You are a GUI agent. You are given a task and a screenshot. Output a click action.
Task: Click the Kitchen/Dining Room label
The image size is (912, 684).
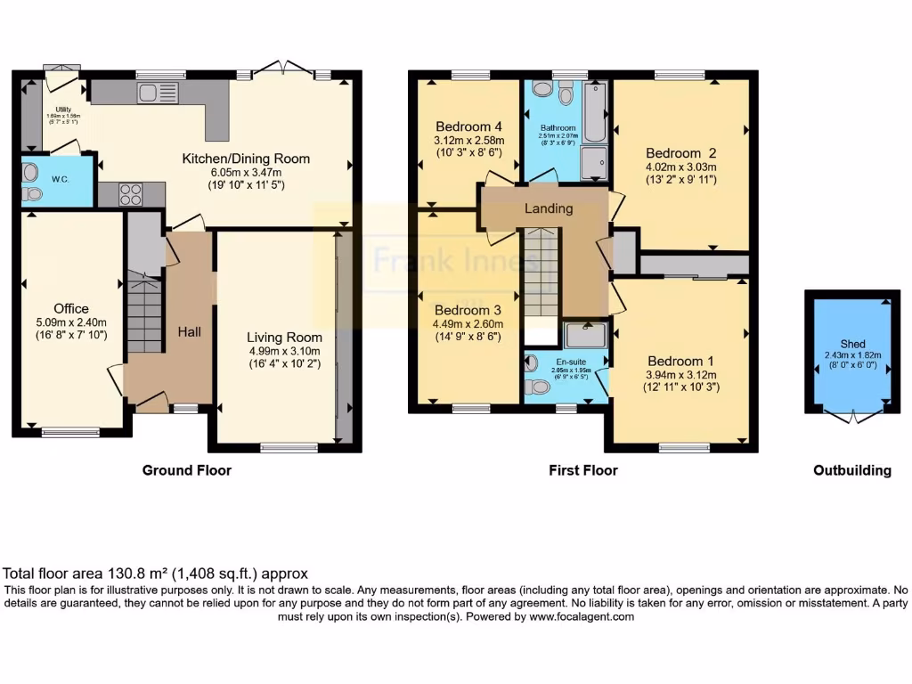point(246,159)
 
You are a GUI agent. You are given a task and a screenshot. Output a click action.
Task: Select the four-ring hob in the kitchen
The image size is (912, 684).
point(131,194)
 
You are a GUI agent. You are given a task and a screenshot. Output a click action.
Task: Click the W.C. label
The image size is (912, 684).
point(61,179)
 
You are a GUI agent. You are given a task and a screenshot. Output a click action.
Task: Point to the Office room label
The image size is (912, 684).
point(71,309)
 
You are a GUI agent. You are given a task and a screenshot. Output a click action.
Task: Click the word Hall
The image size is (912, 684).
point(188,331)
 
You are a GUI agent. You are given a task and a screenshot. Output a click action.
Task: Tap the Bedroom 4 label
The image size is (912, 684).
point(468,126)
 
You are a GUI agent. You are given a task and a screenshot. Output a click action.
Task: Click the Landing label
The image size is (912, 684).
point(548,208)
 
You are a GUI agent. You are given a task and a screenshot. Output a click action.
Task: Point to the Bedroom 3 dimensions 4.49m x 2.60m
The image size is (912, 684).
point(467,324)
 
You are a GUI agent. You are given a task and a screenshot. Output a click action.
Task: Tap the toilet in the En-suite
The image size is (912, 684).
point(538,387)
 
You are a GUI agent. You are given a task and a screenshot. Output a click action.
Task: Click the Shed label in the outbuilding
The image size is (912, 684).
point(852,344)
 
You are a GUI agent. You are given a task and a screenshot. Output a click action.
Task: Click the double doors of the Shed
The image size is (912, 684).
point(852,416)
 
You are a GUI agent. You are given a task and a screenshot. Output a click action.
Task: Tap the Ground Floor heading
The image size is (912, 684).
point(186,470)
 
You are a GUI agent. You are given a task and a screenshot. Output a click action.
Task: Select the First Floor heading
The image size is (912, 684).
point(582,470)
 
